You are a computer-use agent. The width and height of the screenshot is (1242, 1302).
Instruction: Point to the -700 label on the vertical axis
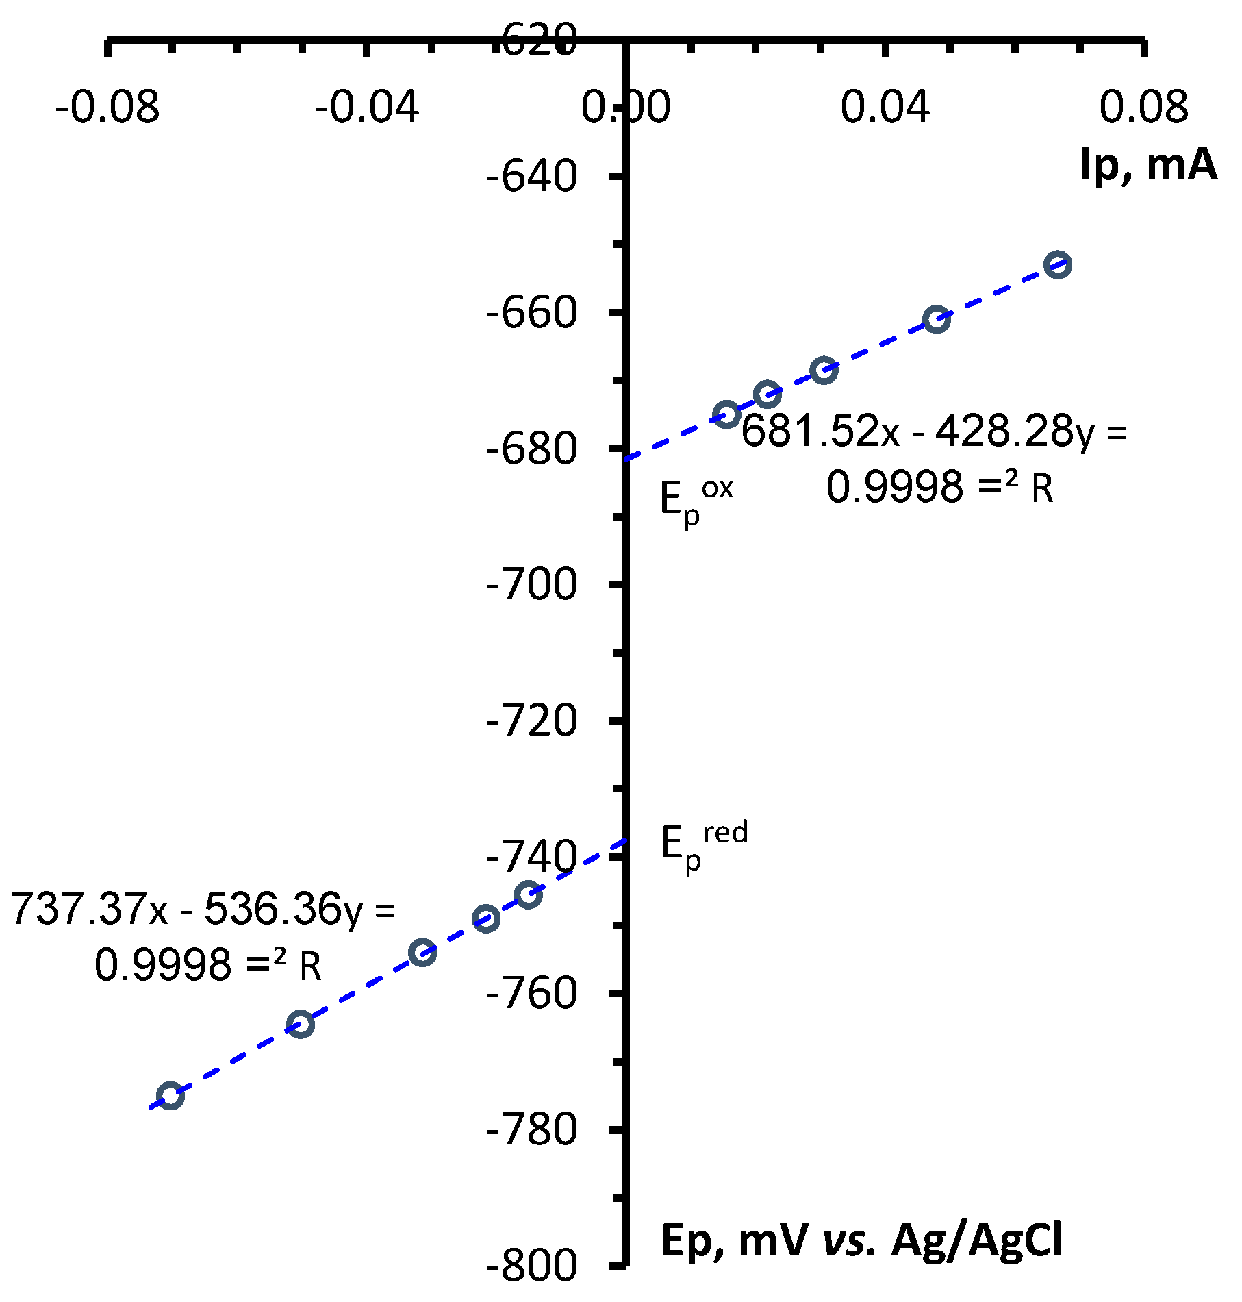[x=531, y=586]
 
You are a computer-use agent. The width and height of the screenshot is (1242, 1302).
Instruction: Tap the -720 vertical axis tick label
[x=531, y=721]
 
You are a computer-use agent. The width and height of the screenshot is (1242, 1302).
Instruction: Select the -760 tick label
[x=531, y=994]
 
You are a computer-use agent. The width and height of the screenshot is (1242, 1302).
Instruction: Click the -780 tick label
[x=531, y=1130]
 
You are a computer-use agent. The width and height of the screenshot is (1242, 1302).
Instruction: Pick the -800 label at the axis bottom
[x=531, y=1266]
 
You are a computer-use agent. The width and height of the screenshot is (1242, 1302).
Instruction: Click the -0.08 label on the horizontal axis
[x=107, y=108]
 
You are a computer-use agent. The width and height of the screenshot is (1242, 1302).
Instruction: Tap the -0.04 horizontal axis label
[x=367, y=108]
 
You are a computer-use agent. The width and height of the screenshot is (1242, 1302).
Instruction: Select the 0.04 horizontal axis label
[x=885, y=108]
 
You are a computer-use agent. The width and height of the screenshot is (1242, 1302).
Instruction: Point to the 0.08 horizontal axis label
[x=1144, y=108]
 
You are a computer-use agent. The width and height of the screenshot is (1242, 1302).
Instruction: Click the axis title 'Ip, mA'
[x=1148, y=164]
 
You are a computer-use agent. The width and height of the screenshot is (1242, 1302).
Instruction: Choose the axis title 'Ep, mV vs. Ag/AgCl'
[x=861, y=1240]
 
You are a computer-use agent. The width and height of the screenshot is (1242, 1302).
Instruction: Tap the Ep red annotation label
[x=704, y=848]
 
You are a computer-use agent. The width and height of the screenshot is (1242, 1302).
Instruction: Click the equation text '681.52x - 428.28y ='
[x=934, y=432]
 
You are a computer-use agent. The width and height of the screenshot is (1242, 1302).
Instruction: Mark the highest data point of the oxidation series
[x=1058, y=265]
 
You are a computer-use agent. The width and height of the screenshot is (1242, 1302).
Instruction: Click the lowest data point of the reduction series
[x=170, y=1096]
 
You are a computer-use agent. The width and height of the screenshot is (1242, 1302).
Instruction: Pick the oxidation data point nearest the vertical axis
[x=726, y=414]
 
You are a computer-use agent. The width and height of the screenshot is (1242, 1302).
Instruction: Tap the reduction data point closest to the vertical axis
[x=529, y=894]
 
